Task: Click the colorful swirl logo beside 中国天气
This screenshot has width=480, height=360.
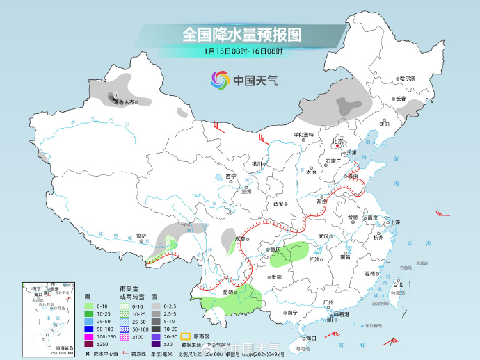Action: (x=220, y=80)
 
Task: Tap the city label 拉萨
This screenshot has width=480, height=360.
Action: (x=142, y=236)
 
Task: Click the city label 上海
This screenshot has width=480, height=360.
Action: (x=394, y=222)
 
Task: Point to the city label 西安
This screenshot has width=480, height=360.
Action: (x=279, y=204)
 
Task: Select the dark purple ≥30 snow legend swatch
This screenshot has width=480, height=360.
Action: (x=157, y=344)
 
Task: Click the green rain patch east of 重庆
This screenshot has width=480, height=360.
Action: (x=289, y=257)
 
